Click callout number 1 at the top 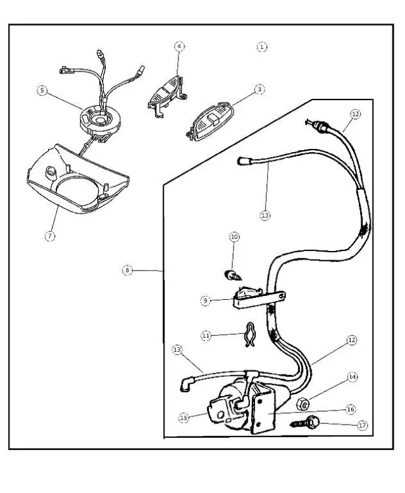pos(262,47)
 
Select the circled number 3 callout pos(259,90)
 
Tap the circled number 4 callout pos(180,47)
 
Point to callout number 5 pos(42,91)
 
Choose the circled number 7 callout pos(50,236)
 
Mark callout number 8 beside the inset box pos(128,270)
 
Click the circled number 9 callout pos(206,301)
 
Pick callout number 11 pos(206,336)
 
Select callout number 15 pos(184,418)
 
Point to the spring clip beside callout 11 pos(249,336)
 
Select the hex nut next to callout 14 pos(303,402)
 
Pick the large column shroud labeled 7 pos(76,180)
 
